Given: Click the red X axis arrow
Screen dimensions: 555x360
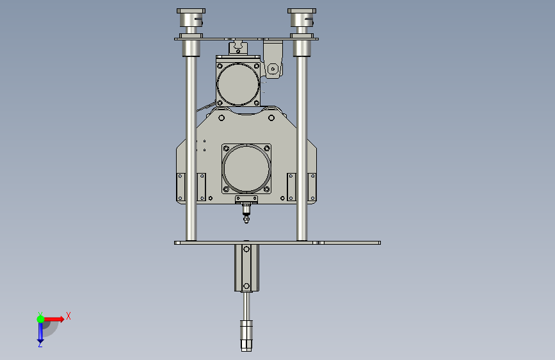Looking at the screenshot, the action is pos(53,319).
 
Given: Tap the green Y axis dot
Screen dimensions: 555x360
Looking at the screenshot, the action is pos(40,319).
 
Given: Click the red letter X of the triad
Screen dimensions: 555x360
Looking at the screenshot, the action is pos(68,316).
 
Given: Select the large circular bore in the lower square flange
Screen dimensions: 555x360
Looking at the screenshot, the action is pos(246,168).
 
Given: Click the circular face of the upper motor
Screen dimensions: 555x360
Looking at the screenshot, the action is pos(238,85).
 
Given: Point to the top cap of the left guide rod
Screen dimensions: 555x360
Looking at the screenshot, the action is pos(191,11).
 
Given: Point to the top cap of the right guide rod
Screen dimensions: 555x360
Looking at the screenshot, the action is pos(302,11).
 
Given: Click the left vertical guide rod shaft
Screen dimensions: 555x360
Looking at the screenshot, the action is pos(191,148).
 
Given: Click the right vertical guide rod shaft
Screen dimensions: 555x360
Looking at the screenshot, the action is pos(302,148).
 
